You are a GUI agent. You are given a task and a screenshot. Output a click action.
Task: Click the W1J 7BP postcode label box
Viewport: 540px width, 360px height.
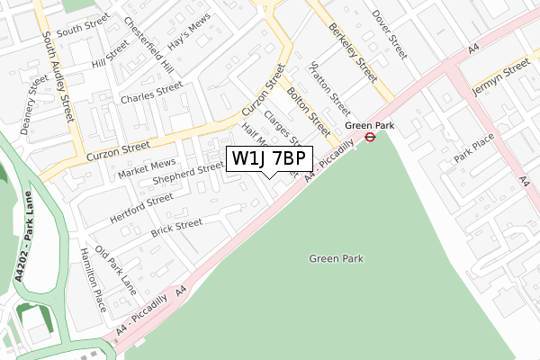[x=271, y=159]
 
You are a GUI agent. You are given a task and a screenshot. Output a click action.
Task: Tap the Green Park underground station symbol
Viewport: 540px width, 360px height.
[x=370, y=137]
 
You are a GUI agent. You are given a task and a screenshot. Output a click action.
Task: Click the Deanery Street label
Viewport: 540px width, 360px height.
[x=33, y=99]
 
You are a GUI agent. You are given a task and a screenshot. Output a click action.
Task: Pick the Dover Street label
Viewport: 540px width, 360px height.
[x=389, y=29]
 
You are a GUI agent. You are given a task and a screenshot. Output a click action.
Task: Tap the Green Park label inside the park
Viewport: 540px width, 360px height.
[x=336, y=258]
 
